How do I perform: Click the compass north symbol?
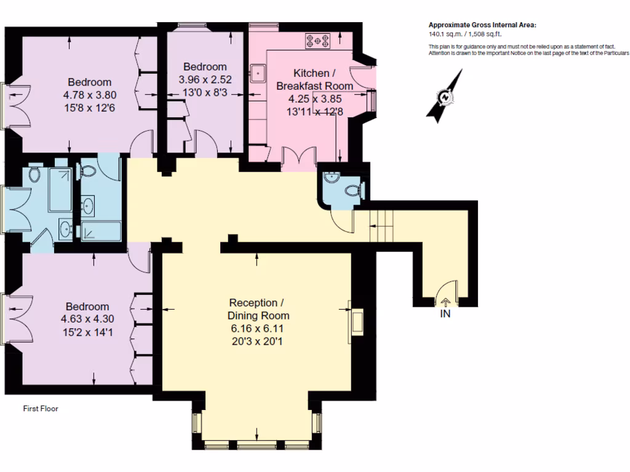444,96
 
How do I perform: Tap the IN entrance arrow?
445,302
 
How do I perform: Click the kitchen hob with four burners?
317,41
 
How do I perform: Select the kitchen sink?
258,73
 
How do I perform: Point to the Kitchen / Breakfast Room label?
314,79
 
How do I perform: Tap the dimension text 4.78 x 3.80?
90,95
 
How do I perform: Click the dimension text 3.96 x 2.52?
205,79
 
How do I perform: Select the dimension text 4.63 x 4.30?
87,319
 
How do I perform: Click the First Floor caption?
41,409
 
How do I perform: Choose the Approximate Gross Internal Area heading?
482,25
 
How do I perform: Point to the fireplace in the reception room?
356,321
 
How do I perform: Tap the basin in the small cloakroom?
332,177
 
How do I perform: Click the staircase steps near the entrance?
381,226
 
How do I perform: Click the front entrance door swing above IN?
447,289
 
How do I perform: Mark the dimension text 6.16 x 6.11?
257,329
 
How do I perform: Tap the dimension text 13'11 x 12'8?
314,112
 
